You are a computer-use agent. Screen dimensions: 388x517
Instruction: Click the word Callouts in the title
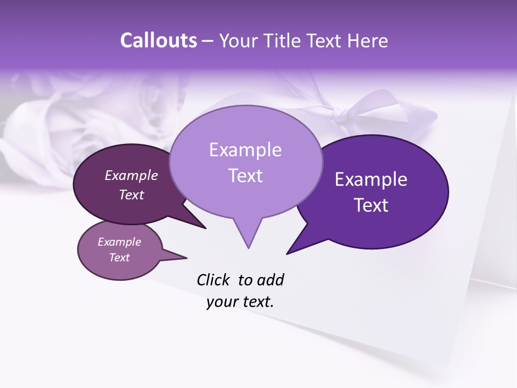coord(158,40)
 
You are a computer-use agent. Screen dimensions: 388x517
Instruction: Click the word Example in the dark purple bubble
coord(371,179)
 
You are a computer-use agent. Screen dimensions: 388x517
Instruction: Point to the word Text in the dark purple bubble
coord(371,205)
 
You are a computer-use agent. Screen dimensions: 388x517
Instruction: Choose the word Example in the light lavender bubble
coord(245,150)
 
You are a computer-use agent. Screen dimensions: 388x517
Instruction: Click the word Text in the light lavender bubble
coord(245,176)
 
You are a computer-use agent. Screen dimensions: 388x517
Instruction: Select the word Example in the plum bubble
coord(131,175)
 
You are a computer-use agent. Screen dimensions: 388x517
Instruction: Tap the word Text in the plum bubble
coord(131,195)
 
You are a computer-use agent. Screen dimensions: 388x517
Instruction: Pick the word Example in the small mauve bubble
coord(120,242)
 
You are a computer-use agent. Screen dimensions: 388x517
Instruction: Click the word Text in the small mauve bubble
coord(120,258)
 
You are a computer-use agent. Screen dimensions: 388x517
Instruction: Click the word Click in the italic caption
coord(213,280)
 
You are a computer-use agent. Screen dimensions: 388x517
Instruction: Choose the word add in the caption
coord(270,280)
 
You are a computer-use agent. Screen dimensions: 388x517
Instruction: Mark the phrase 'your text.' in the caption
coord(240,302)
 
